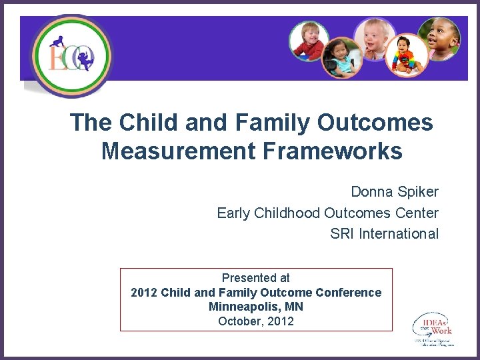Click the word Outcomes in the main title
point(375,123)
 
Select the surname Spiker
point(419,192)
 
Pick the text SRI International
point(385,234)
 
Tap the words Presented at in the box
point(256,278)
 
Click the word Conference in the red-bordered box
point(349,293)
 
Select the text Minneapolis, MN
point(256,307)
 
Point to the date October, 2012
point(256,321)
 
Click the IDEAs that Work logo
point(433,329)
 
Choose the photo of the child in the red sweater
point(309,41)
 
